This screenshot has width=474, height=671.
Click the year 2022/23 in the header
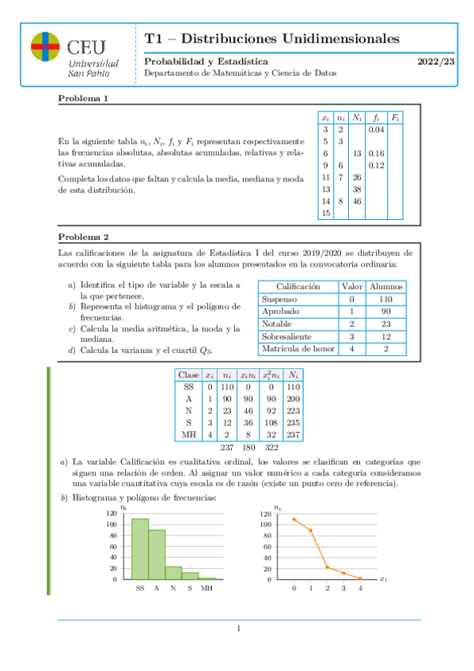click(437, 61)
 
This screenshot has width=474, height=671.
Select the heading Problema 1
click(83, 99)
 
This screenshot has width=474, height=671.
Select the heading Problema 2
click(83, 237)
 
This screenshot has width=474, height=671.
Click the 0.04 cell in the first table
click(376, 128)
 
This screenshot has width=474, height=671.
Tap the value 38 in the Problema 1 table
click(357, 189)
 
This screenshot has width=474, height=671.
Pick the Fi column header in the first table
click(395, 116)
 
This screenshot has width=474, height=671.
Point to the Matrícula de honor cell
click(296, 349)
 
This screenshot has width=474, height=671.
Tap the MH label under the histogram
click(207, 588)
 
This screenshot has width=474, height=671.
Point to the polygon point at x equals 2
click(327, 567)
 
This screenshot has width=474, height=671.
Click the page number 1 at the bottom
click(237, 629)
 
